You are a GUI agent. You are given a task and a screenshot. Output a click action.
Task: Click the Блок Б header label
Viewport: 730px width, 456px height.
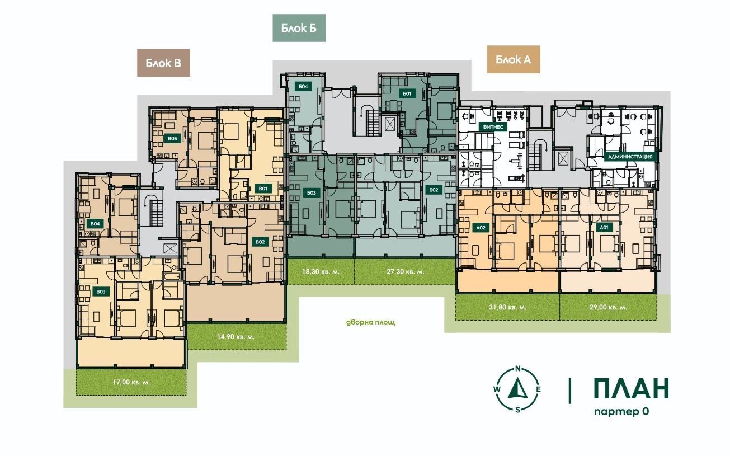(x=299, y=28)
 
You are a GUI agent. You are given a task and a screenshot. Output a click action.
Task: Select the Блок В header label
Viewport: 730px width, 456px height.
(x=163, y=63)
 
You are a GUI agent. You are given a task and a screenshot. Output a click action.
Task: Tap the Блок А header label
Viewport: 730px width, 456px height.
(x=514, y=59)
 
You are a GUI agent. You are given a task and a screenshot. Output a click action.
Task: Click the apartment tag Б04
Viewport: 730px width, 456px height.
(x=303, y=86)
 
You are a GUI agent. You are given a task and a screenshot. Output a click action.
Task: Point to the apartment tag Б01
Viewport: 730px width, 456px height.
(x=407, y=94)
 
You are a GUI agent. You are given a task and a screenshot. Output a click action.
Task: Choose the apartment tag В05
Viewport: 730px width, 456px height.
(x=172, y=139)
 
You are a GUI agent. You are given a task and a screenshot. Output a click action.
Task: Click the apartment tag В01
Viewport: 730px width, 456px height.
(x=263, y=189)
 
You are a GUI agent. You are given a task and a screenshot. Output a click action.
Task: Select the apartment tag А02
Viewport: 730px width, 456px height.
(x=481, y=228)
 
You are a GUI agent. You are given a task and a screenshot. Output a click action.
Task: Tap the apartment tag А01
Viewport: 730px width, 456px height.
(x=604, y=228)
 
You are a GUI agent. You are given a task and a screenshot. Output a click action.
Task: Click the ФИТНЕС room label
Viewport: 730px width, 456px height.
(x=493, y=127)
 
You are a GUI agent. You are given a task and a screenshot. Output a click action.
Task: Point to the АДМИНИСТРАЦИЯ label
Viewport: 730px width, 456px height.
(x=630, y=157)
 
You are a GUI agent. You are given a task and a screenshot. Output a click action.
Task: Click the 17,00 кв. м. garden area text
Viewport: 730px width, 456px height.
(x=131, y=382)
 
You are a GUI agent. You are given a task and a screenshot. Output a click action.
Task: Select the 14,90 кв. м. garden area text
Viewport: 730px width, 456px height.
(x=236, y=336)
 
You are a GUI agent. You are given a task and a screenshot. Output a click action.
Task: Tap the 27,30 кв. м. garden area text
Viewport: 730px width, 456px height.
(x=406, y=271)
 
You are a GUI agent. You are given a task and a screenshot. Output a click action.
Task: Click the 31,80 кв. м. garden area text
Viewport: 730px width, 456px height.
(x=508, y=307)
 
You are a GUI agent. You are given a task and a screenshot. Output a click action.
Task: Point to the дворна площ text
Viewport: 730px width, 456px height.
(x=370, y=322)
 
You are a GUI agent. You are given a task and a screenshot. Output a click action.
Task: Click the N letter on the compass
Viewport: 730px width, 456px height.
(x=518, y=369)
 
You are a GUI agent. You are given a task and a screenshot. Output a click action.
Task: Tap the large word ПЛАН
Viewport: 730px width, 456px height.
(x=631, y=388)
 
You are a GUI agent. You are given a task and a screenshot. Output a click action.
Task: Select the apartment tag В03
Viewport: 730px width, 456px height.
(x=101, y=292)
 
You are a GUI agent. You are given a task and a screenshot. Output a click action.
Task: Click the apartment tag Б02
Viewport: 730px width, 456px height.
(x=434, y=190)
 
